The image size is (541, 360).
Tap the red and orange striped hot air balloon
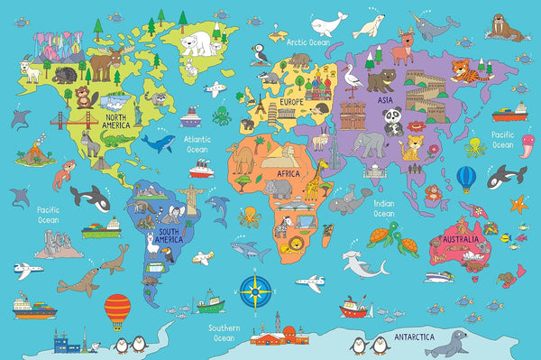(x=117, y=311)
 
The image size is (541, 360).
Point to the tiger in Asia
(x=467, y=69)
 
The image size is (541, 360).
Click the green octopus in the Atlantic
(x=223, y=115)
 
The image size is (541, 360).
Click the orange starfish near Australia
(x=518, y=204)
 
